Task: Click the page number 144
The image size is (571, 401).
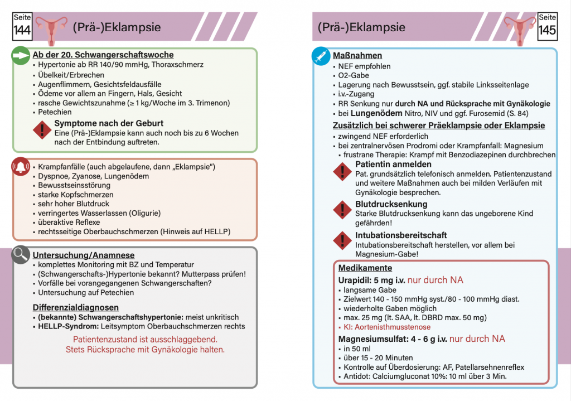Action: click(x=22, y=31)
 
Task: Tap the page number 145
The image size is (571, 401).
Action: click(x=547, y=30)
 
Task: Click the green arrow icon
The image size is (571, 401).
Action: click(x=21, y=55)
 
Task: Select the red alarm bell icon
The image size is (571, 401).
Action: click(x=21, y=167)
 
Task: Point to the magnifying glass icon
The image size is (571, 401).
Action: click(x=21, y=255)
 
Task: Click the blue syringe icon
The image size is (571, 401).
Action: click(x=321, y=56)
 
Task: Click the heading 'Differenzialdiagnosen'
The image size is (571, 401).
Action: click(x=75, y=307)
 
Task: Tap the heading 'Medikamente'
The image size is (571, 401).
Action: click(x=357, y=268)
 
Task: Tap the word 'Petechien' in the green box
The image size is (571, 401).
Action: click(x=55, y=112)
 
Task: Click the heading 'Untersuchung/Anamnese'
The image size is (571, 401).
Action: click(x=83, y=255)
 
